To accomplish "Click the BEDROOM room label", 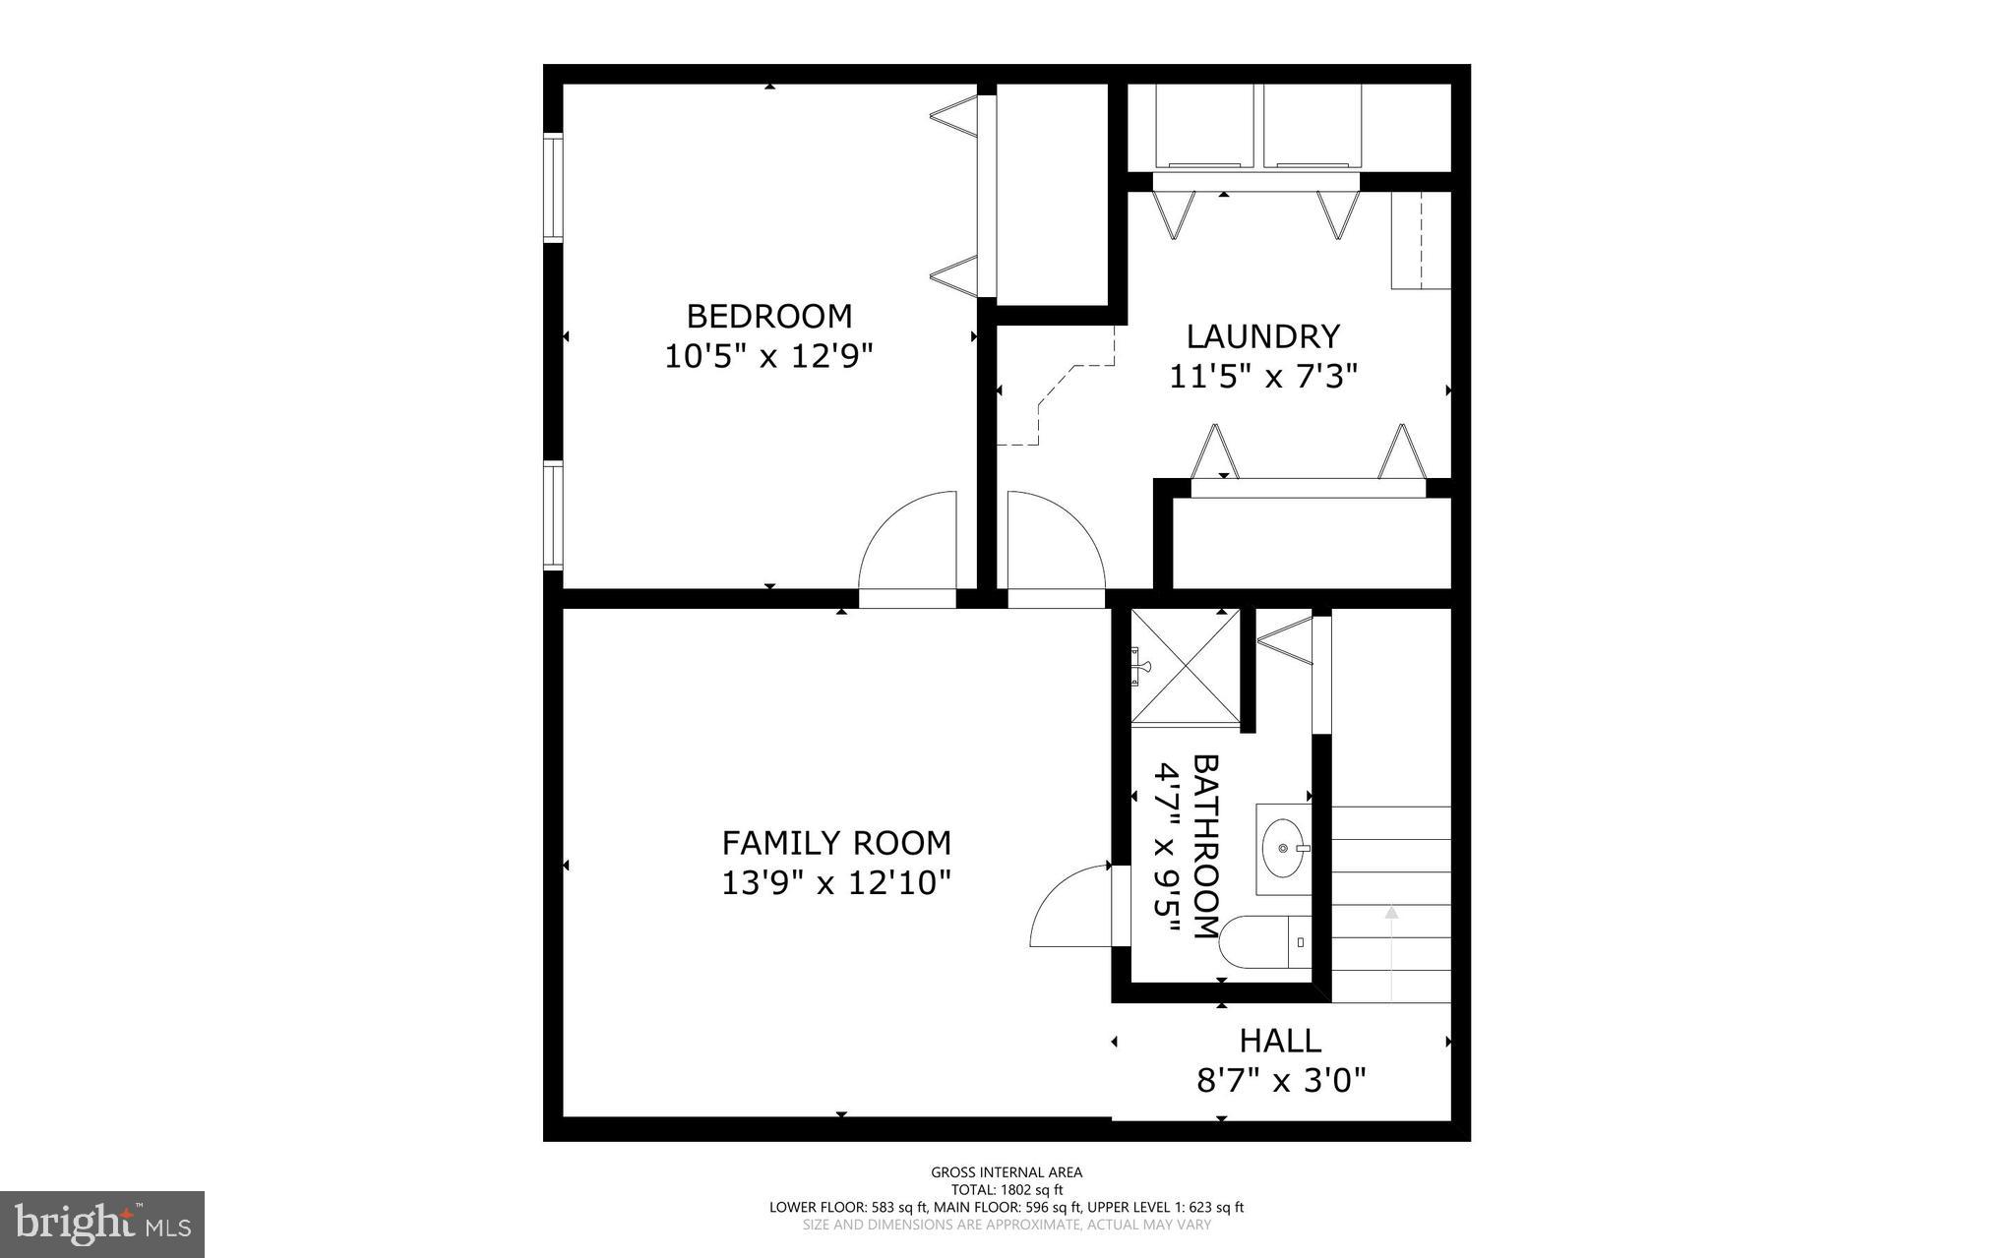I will point(768,316).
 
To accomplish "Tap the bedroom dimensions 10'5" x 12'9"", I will point(768,355).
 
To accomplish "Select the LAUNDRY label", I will point(1262,336).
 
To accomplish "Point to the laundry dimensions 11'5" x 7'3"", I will point(1262,376).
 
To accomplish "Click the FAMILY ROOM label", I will point(836,843).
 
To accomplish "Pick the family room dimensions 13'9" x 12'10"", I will point(836,882).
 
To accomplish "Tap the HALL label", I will point(1279,1040).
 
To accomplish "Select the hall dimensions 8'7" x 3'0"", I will point(1281,1081).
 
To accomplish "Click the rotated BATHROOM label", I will point(1205,846).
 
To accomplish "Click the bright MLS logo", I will point(102,1224).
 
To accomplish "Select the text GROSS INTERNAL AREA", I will point(1007,1171).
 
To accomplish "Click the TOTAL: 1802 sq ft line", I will point(1007,1189).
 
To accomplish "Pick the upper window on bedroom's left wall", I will point(553,187).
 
